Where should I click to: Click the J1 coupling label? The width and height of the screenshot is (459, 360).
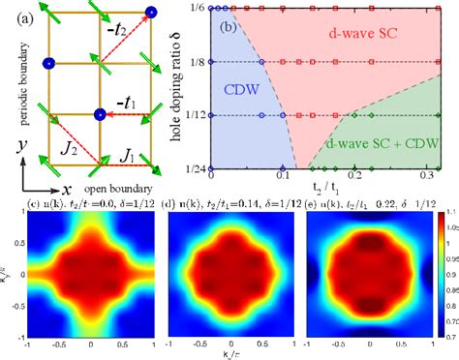pos(124,152)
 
